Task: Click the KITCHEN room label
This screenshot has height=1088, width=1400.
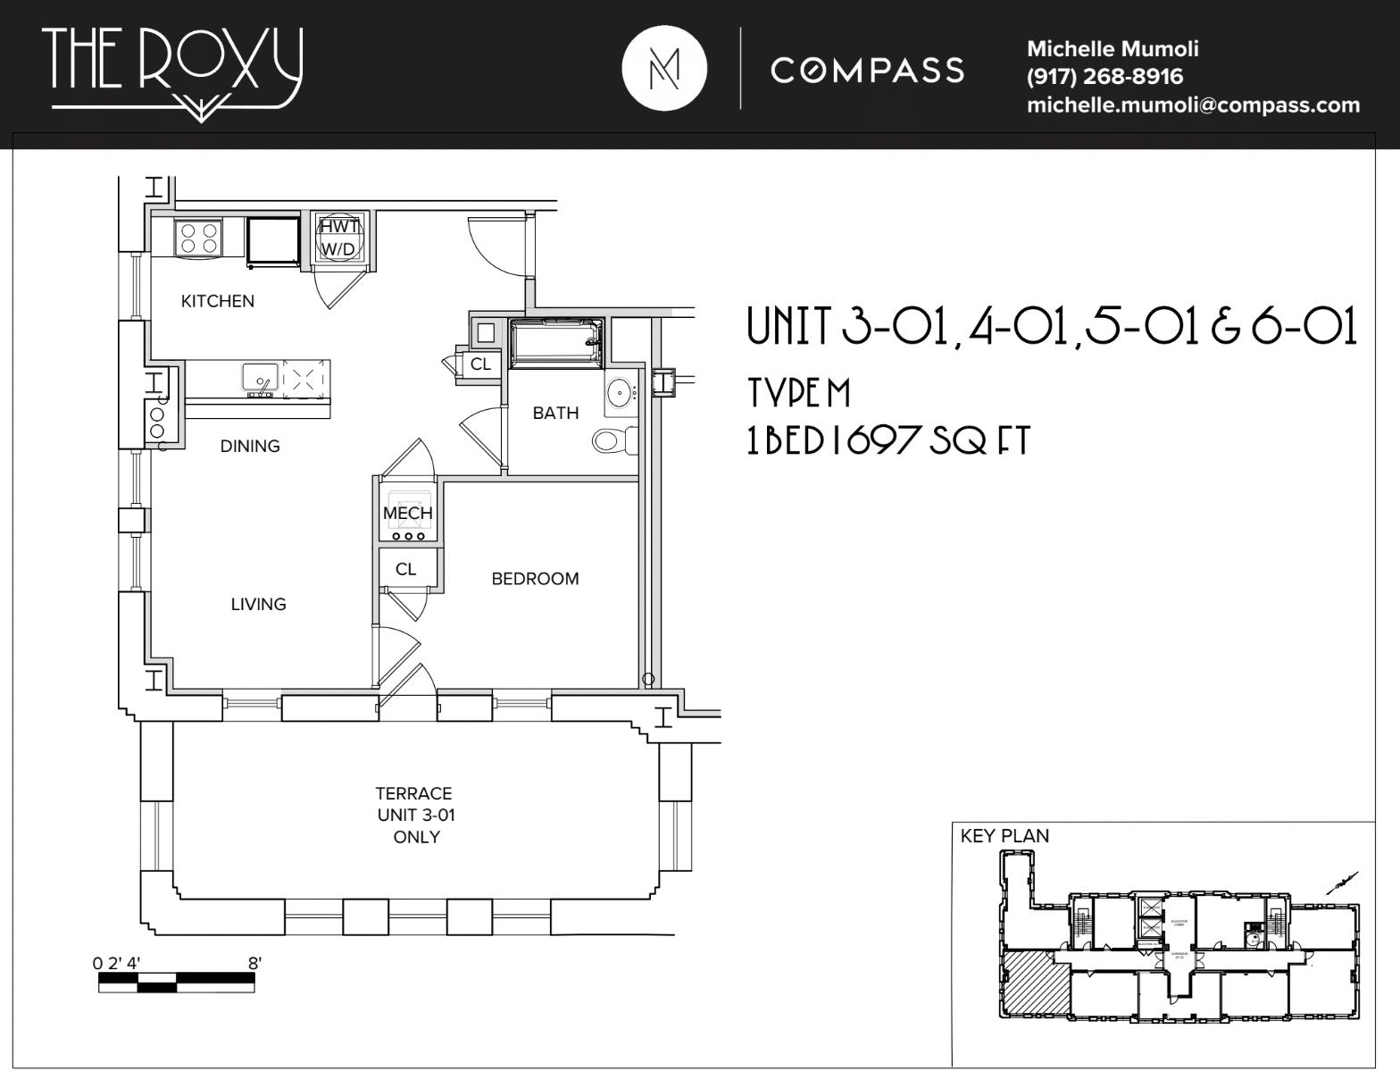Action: tap(217, 301)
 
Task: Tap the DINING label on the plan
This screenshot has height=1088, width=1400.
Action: tap(250, 446)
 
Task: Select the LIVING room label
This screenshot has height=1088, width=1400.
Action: tap(258, 604)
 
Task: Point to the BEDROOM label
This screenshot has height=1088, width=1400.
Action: tap(535, 579)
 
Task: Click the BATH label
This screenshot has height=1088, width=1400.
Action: tap(555, 413)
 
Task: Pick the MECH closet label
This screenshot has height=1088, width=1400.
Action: tap(407, 513)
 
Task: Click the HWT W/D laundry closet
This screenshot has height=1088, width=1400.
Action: tap(338, 238)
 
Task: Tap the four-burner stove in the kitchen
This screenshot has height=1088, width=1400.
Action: tap(198, 238)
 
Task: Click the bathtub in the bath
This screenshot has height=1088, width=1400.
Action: tap(554, 341)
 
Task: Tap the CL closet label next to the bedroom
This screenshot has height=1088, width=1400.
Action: tap(405, 569)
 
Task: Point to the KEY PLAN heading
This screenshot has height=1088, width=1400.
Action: tap(1004, 836)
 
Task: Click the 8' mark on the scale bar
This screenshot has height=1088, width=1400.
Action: tap(254, 964)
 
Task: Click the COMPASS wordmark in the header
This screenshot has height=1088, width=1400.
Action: tap(868, 70)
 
